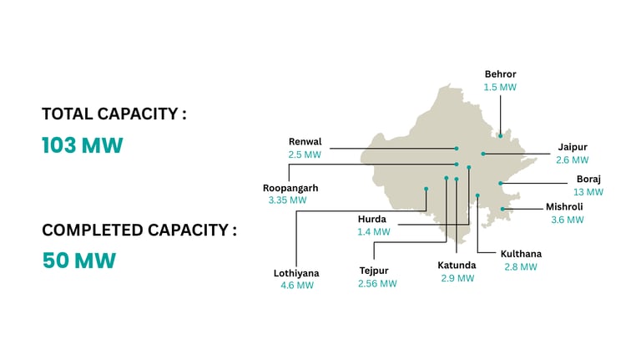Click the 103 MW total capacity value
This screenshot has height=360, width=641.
pyautogui.click(x=83, y=145)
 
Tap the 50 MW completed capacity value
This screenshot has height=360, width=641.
pyautogui.click(x=78, y=261)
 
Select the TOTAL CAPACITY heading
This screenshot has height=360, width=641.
pyautogui.click(x=114, y=114)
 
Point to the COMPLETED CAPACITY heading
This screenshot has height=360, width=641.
pyautogui.click(x=139, y=230)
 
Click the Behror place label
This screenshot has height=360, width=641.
pyautogui.click(x=500, y=74)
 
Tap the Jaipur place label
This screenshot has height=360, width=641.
pyautogui.click(x=572, y=147)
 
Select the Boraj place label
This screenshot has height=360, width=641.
pyautogui.click(x=588, y=179)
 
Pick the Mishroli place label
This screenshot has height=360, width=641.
pyautogui.click(x=564, y=206)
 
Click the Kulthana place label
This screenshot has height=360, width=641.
pyautogui.click(x=521, y=254)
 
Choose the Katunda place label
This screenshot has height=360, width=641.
pyautogui.click(x=457, y=265)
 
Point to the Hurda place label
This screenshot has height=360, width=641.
pyautogui.click(x=372, y=219)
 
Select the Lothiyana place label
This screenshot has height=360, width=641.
pyautogui.click(x=296, y=272)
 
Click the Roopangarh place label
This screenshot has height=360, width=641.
pyautogui.click(x=290, y=188)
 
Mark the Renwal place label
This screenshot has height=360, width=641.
pyautogui.click(x=305, y=142)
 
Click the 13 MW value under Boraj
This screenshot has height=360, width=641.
pyautogui.click(x=588, y=191)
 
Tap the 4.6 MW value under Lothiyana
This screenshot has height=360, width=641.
pyautogui.click(x=297, y=285)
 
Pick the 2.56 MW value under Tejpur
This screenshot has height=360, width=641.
pyautogui.click(x=377, y=283)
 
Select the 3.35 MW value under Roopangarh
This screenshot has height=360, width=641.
pyautogui.click(x=287, y=200)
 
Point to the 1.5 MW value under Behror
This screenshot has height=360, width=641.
pyautogui.click(x=500, y=87)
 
